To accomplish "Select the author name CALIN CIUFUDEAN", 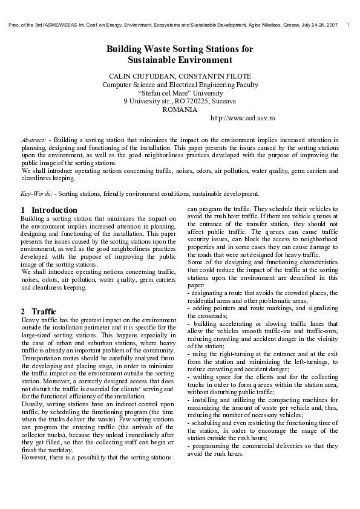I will (x=136, y=77).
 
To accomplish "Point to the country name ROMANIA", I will (x=180, y=109).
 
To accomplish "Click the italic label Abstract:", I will (x=34, y=140).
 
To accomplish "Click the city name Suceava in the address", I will (x=221, y=102).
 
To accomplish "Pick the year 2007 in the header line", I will (x=330, y=24).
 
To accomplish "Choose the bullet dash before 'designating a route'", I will (x=189, y=293).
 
